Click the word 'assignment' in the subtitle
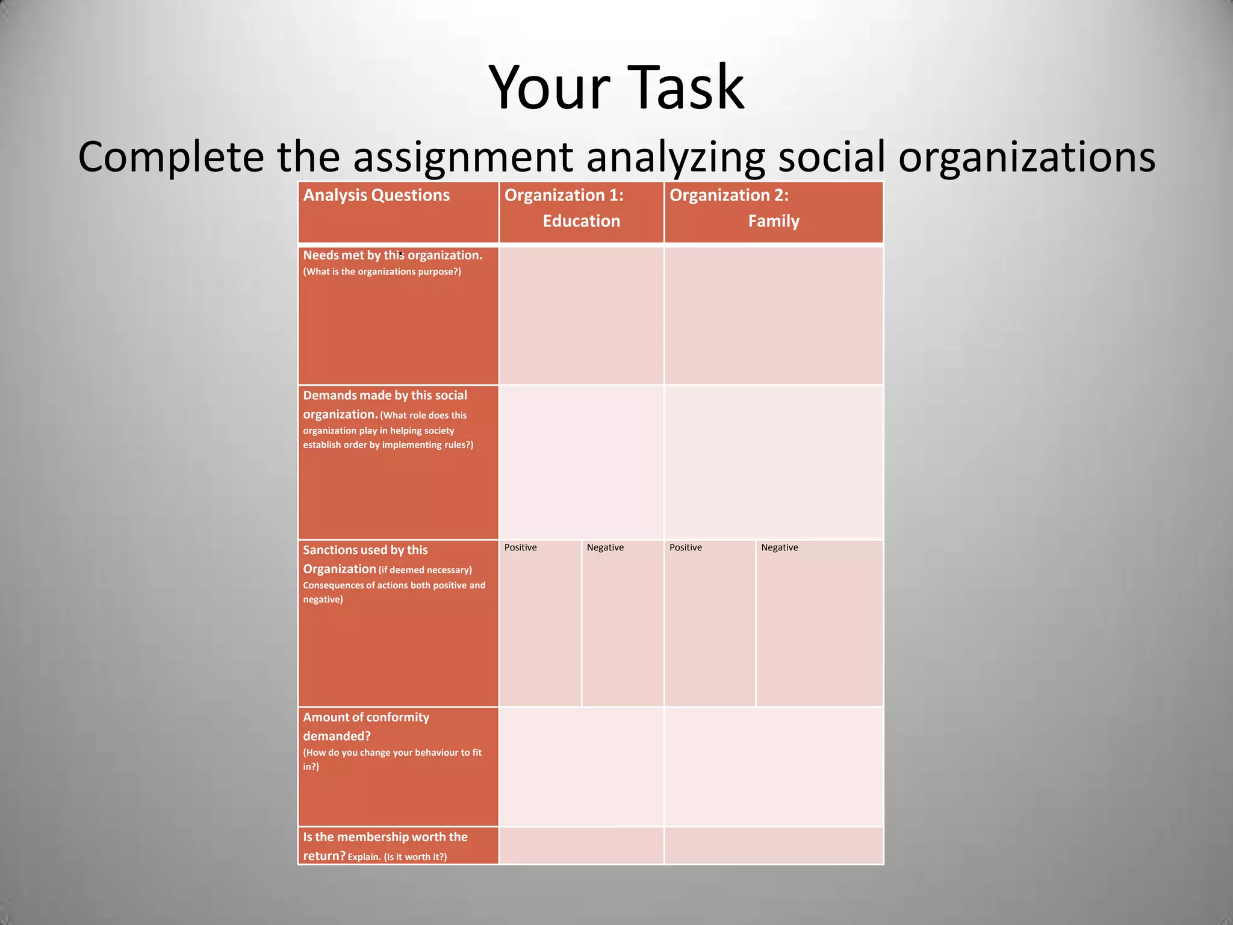(462, 157)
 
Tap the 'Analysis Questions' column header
(376, 195)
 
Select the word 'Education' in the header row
(581, 221)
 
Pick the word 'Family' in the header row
(774, 221)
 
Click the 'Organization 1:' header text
(564, 195)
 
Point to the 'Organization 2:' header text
(728, 195)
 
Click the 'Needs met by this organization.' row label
(393, 255)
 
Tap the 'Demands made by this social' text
(385, 396)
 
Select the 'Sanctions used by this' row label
(365, 550)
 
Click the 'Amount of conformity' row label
(366, 717)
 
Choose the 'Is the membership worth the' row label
(385, 837)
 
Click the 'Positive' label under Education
(520, 547)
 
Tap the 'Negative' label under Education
(605, 547)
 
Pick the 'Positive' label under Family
(685, 547)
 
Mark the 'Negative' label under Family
(779, 547)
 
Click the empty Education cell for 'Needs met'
(581, 316)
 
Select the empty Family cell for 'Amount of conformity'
(774, 766)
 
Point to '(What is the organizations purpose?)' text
(382, 272)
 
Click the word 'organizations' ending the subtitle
(1026, 157)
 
